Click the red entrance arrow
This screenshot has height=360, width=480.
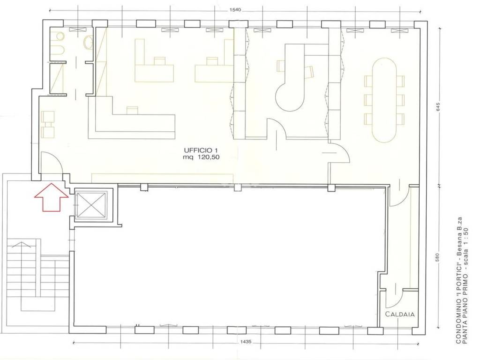[51, 197]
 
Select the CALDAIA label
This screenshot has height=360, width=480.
[399, 314]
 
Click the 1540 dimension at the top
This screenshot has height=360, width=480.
[235, 10]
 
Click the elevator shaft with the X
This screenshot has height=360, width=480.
[90, 206]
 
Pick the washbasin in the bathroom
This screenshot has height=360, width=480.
[89, 42]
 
